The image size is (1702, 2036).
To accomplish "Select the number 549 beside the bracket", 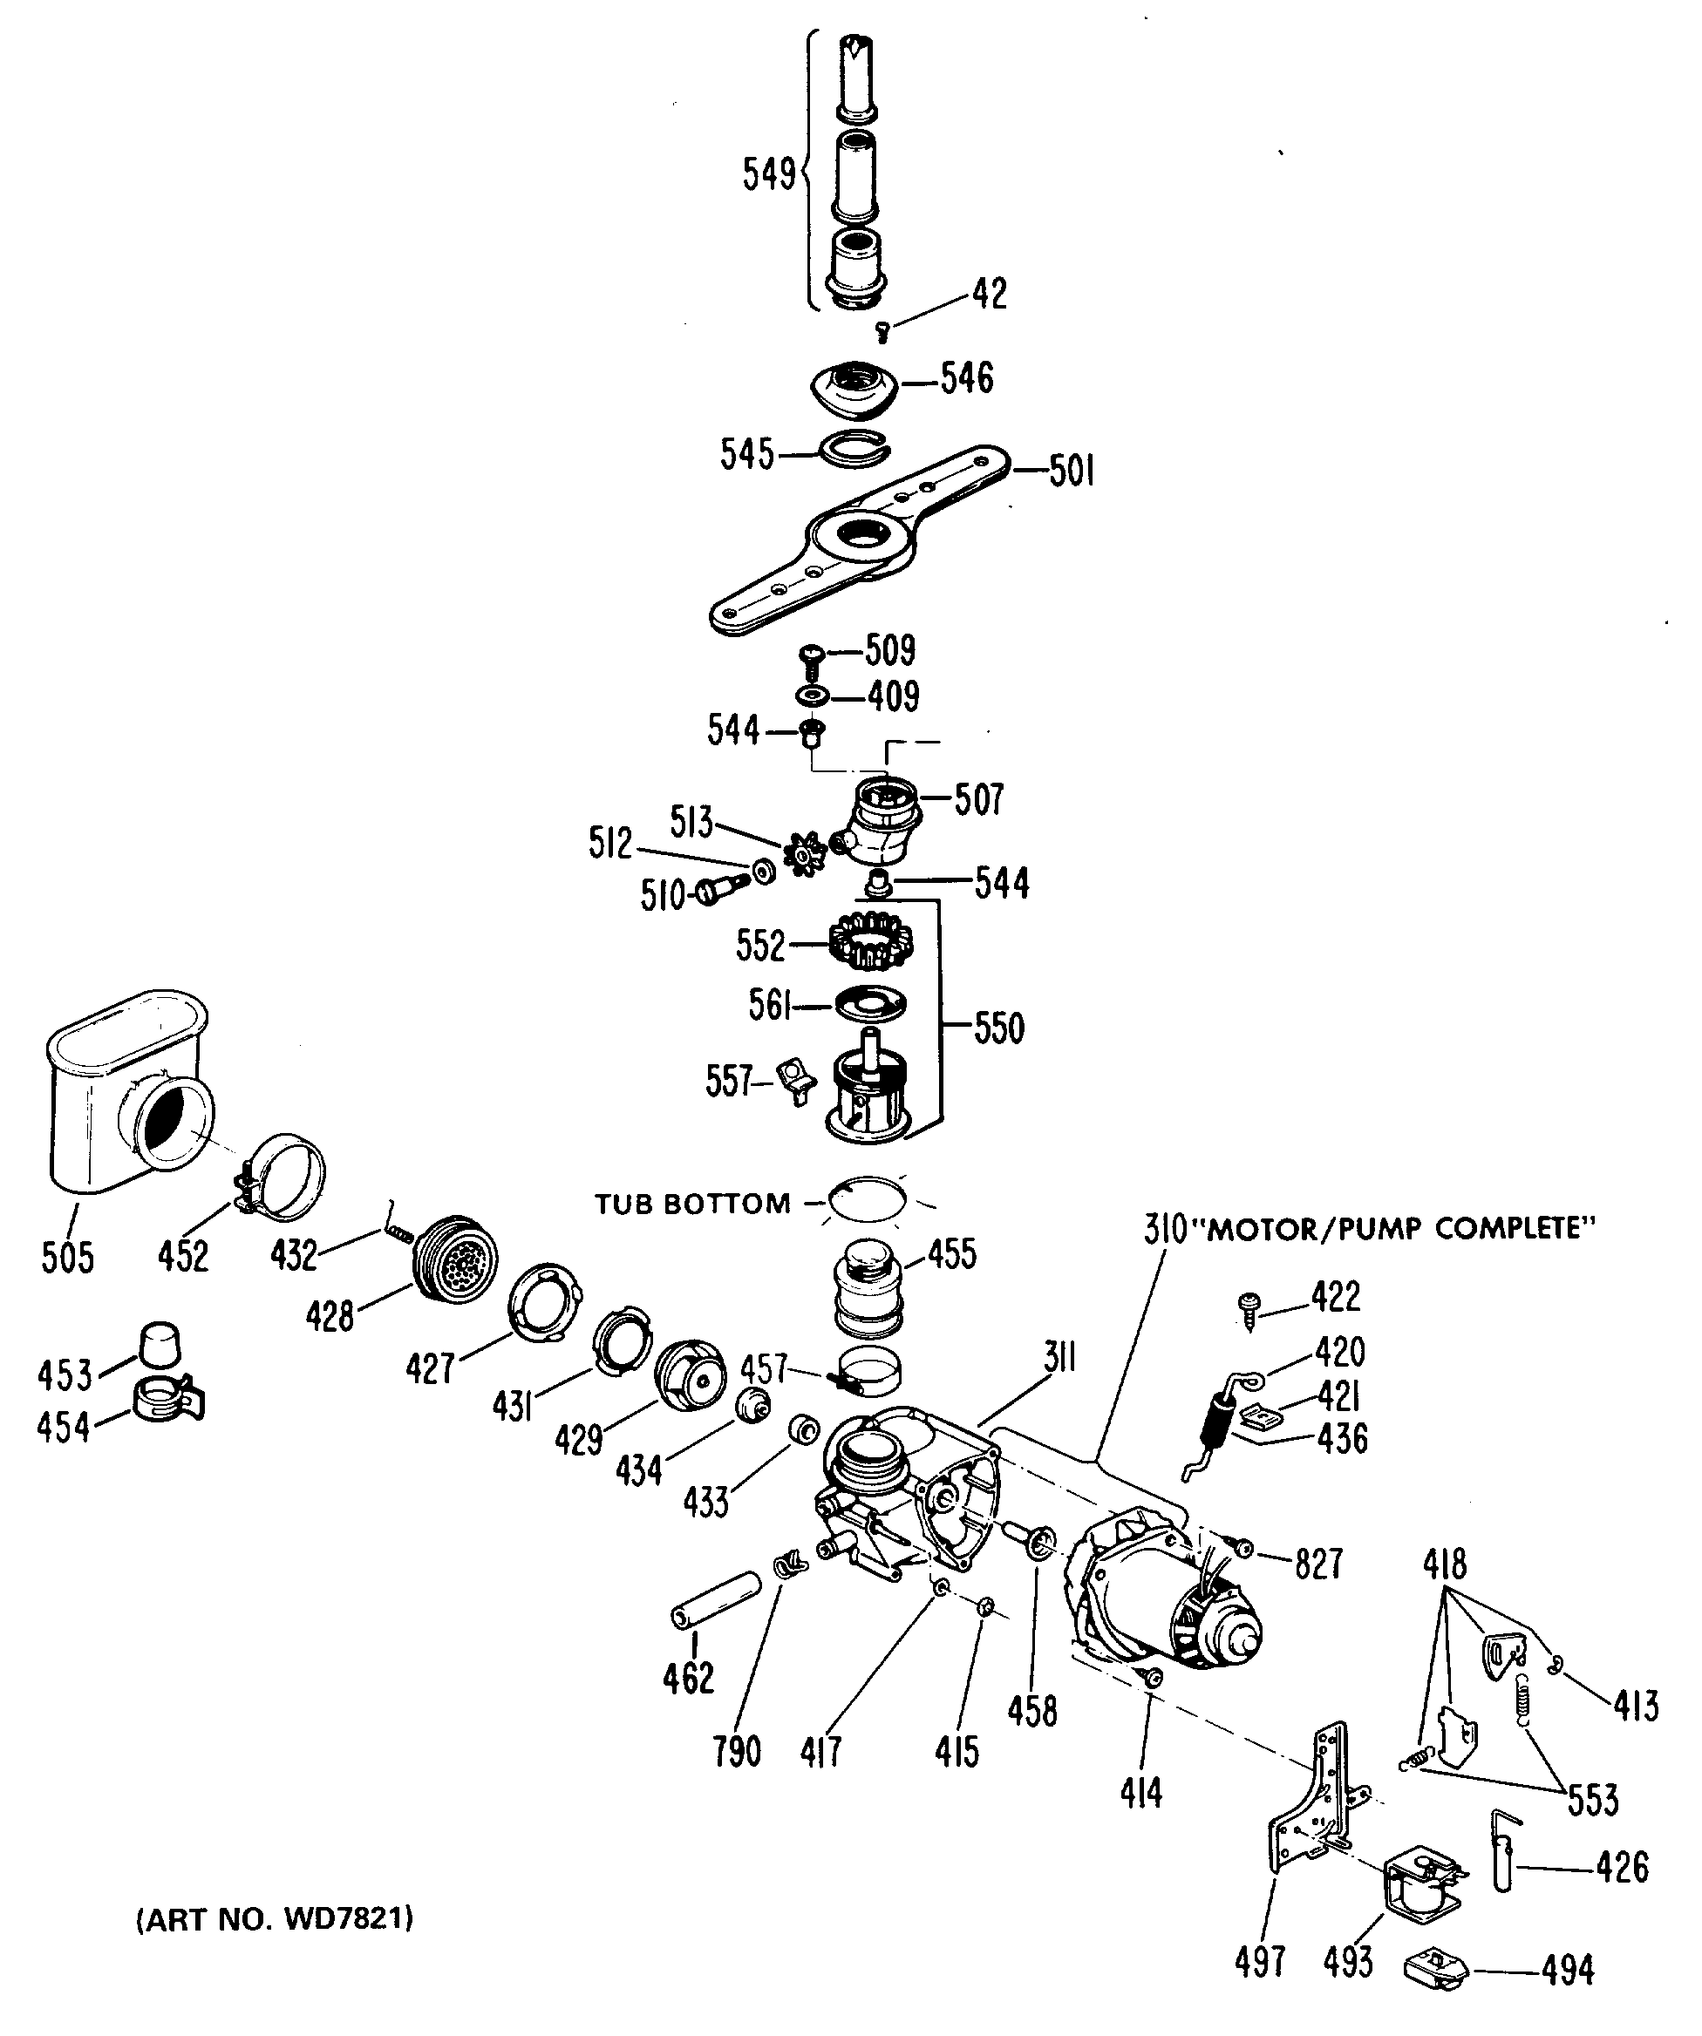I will (769, 174).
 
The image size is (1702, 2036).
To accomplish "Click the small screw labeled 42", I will (882, 333).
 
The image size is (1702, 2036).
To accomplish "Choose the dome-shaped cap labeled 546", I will (854, 385).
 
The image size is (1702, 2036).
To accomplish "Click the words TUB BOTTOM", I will (692, 1205).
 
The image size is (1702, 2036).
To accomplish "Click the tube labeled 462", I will (717, 1602).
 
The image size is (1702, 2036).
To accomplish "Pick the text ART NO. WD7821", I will (275, 1917).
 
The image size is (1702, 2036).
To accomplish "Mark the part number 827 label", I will (1318, 1564).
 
